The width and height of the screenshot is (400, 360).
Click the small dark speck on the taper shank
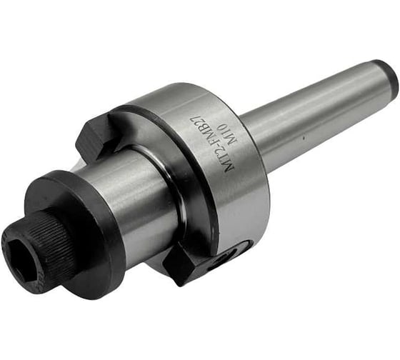point(304,139)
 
